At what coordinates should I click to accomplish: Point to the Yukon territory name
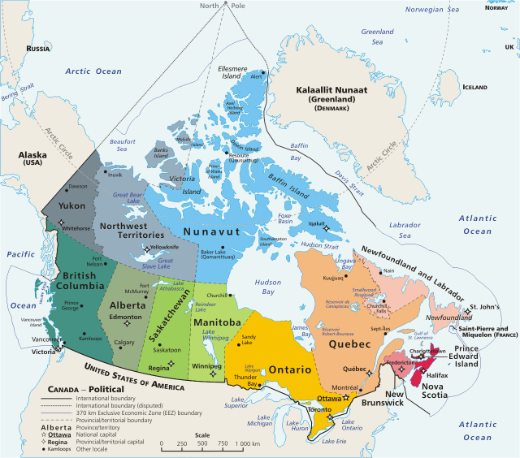[71, 205]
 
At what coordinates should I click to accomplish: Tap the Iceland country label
[474, 87]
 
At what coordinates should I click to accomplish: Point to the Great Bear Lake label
[131, 195]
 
